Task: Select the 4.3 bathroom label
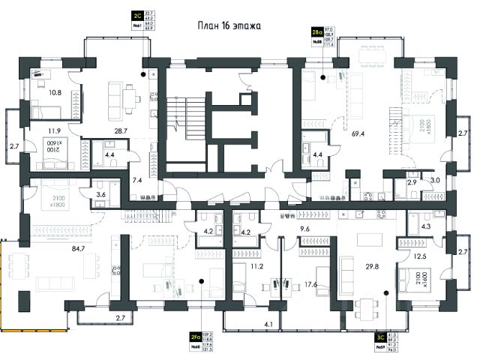pos(426,224)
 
